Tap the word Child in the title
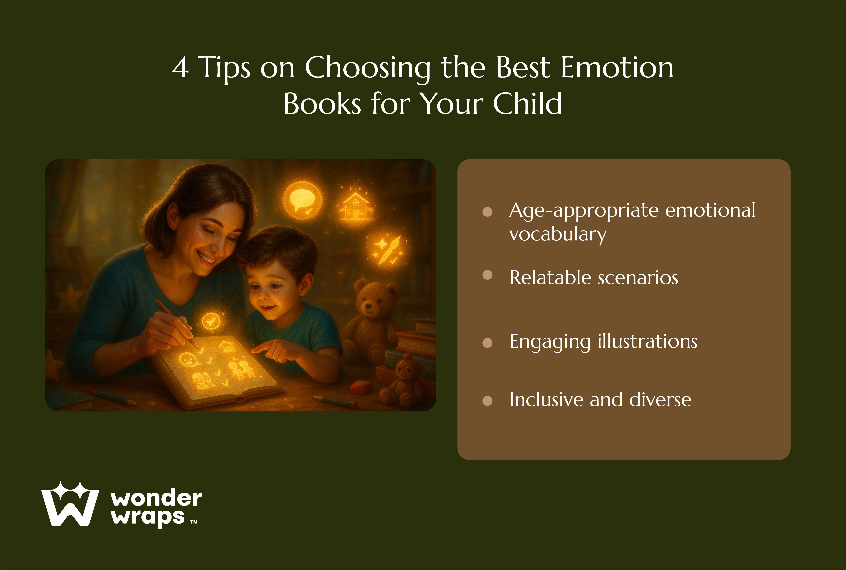tap(527, 103)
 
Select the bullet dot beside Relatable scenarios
tap(487, 275)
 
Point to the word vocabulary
tap(558, 234)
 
